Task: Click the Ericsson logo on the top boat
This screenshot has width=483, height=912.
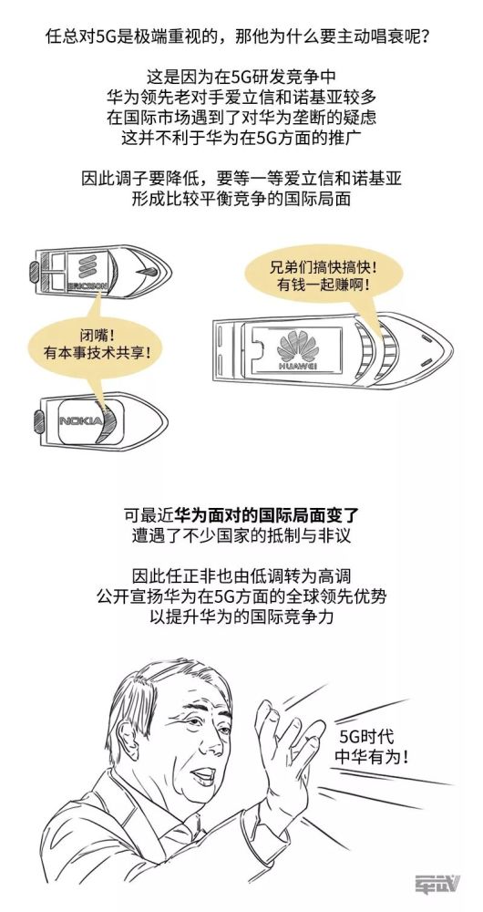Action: tap(87, 268)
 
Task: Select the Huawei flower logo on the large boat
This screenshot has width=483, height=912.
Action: tap(297, 347)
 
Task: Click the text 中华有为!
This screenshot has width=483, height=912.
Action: tap(370, 757)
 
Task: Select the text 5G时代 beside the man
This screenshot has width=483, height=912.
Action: tap(366, 737)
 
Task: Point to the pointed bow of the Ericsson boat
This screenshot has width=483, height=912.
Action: tap(169, 271)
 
